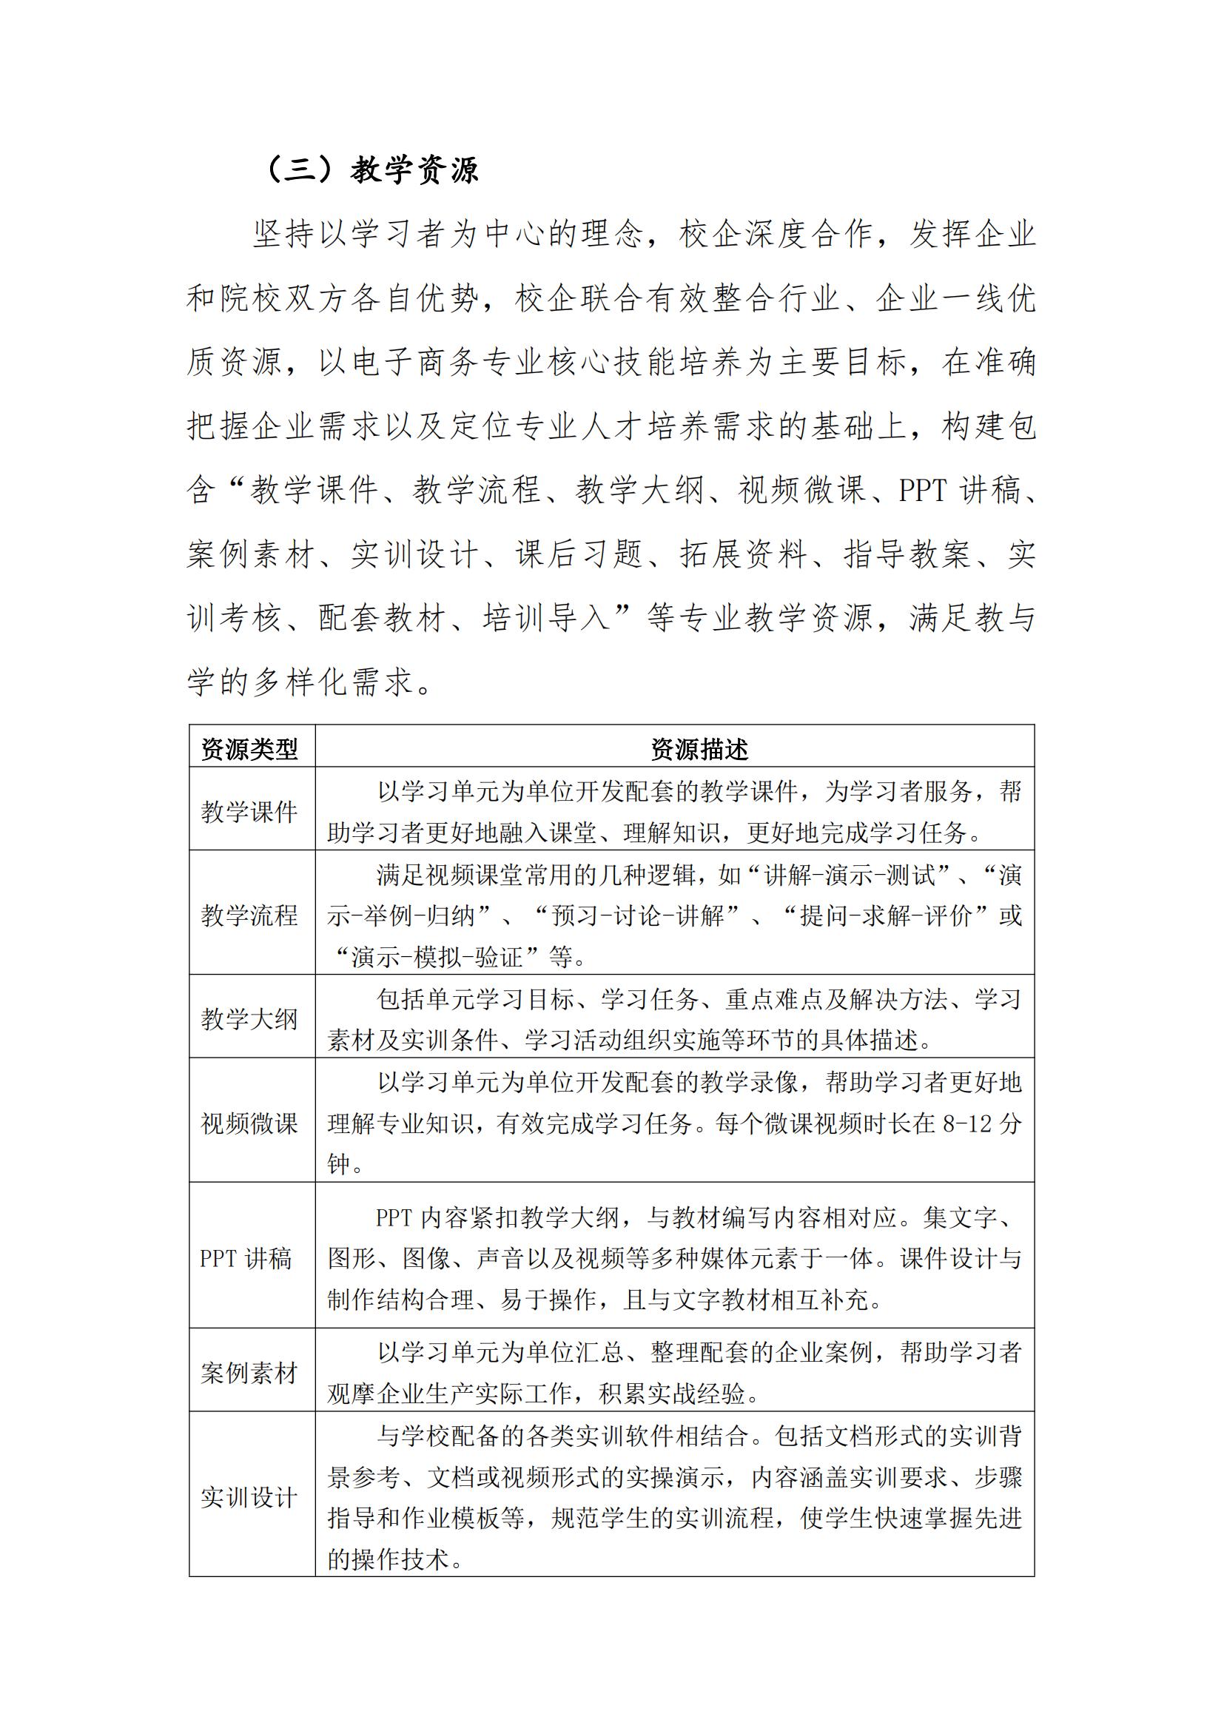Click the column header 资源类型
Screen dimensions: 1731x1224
point(249,749)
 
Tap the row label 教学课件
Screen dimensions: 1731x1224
point(249,812)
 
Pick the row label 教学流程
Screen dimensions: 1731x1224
point(249,915)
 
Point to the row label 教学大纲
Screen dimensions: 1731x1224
point(249,1019)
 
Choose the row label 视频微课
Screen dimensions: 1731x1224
point(249,1123)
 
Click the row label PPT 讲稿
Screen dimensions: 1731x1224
point(246,1258)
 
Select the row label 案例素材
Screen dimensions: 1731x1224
point(249,1373)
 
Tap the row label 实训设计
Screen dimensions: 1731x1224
point(249,1497)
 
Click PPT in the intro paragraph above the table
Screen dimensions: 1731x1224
point(924,491)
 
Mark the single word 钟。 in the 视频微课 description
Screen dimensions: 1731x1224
point(345,1165)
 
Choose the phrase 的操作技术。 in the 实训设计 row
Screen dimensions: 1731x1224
point(395,1559)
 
